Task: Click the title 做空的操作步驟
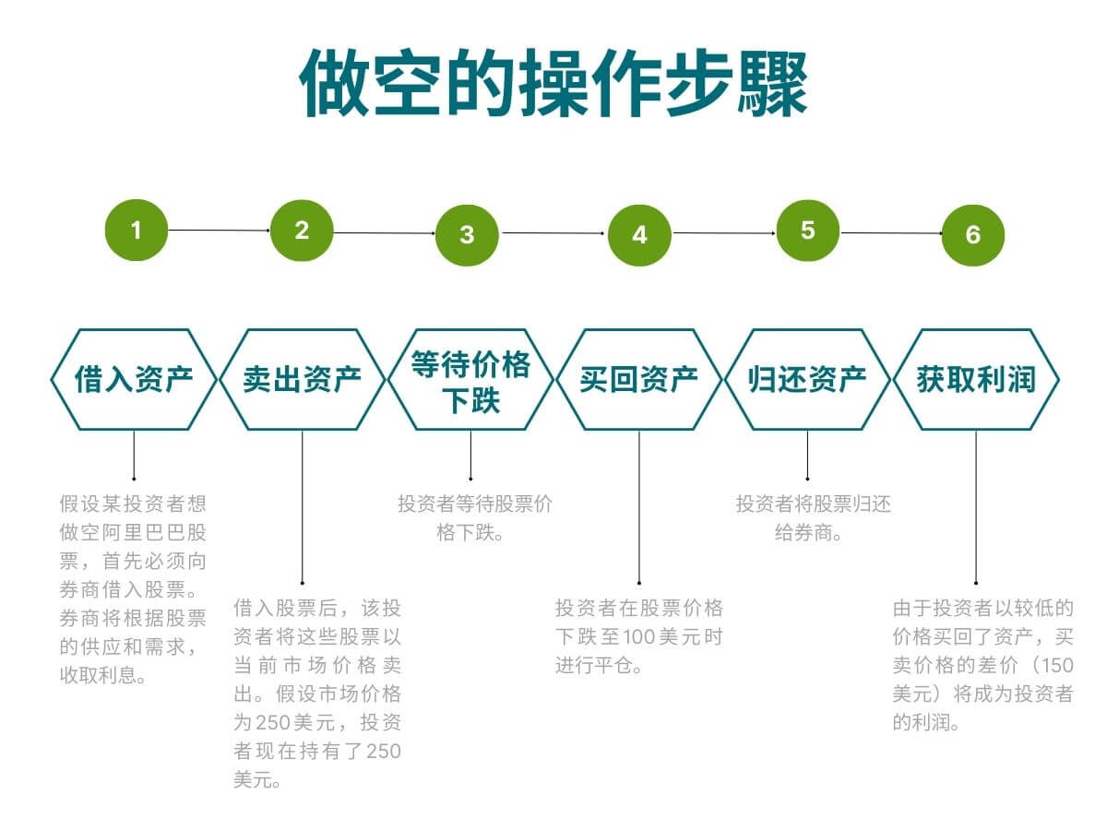(x=553, y=83)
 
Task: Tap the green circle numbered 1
(x=137, y=230)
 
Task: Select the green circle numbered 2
(x=302, y=231)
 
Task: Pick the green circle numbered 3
(x=467, y=234)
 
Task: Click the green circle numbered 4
(x=639, y=234)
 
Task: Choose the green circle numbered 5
(x=808, y=230)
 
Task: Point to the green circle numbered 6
(x=972, y=234)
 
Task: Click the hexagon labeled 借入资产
(x=134, y=379)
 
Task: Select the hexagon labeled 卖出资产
(x=302, y=379)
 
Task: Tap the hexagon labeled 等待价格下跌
(x=470, y=379)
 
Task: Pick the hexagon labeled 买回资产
(x=638, y=379)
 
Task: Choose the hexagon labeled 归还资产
(x=807, y=379)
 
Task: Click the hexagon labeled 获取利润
(x=976, y=379)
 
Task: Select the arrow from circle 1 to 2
(x=219, y=230)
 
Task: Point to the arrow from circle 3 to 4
(x=553, y=233)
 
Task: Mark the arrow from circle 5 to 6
(x=890, y=232)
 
